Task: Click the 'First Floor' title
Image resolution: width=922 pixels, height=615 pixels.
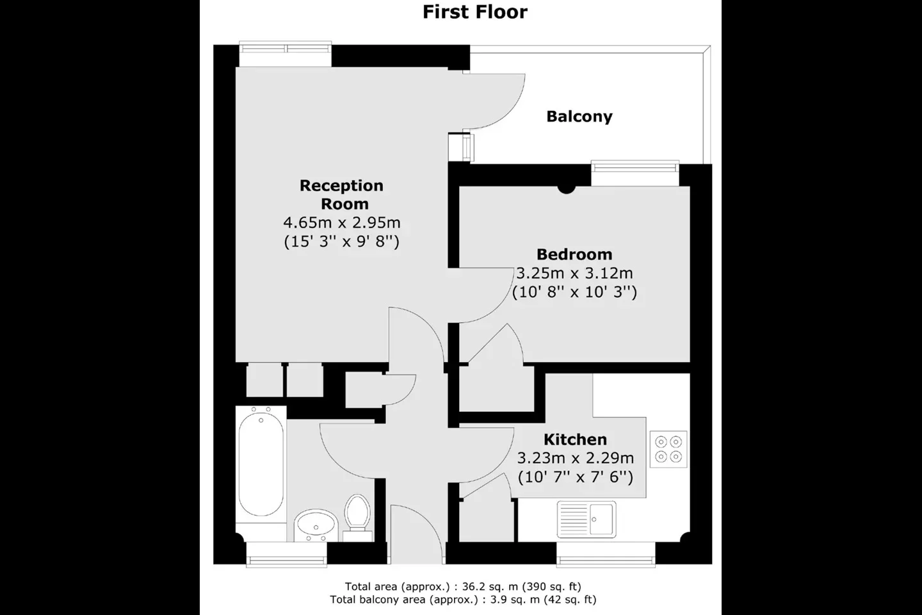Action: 475,12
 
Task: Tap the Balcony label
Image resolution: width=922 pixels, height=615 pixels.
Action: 579,117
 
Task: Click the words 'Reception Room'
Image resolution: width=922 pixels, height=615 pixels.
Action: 342,194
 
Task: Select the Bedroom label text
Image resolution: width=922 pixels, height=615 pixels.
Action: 574,254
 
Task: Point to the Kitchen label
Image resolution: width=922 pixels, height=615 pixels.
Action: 575,439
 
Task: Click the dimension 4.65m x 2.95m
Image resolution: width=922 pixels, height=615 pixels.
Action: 342,223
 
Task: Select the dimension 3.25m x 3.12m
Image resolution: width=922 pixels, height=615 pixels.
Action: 574,273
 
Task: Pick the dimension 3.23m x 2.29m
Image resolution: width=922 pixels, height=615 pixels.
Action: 575,458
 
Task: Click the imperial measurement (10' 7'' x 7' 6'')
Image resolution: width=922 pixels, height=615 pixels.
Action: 575,477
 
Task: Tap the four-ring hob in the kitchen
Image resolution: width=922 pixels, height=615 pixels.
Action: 668,449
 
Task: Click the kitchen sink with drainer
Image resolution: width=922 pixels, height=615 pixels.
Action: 586,520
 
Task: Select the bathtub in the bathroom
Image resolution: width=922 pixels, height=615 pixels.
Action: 261,464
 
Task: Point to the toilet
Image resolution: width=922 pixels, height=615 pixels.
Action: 357,518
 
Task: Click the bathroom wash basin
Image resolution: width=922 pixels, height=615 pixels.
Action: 316,525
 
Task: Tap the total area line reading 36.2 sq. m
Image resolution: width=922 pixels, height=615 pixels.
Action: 463,586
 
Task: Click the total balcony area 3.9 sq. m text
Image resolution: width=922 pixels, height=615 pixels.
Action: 463,600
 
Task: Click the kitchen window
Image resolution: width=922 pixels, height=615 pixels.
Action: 606,555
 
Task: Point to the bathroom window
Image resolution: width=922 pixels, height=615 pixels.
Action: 286,555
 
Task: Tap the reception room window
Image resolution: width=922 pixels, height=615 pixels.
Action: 286,54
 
